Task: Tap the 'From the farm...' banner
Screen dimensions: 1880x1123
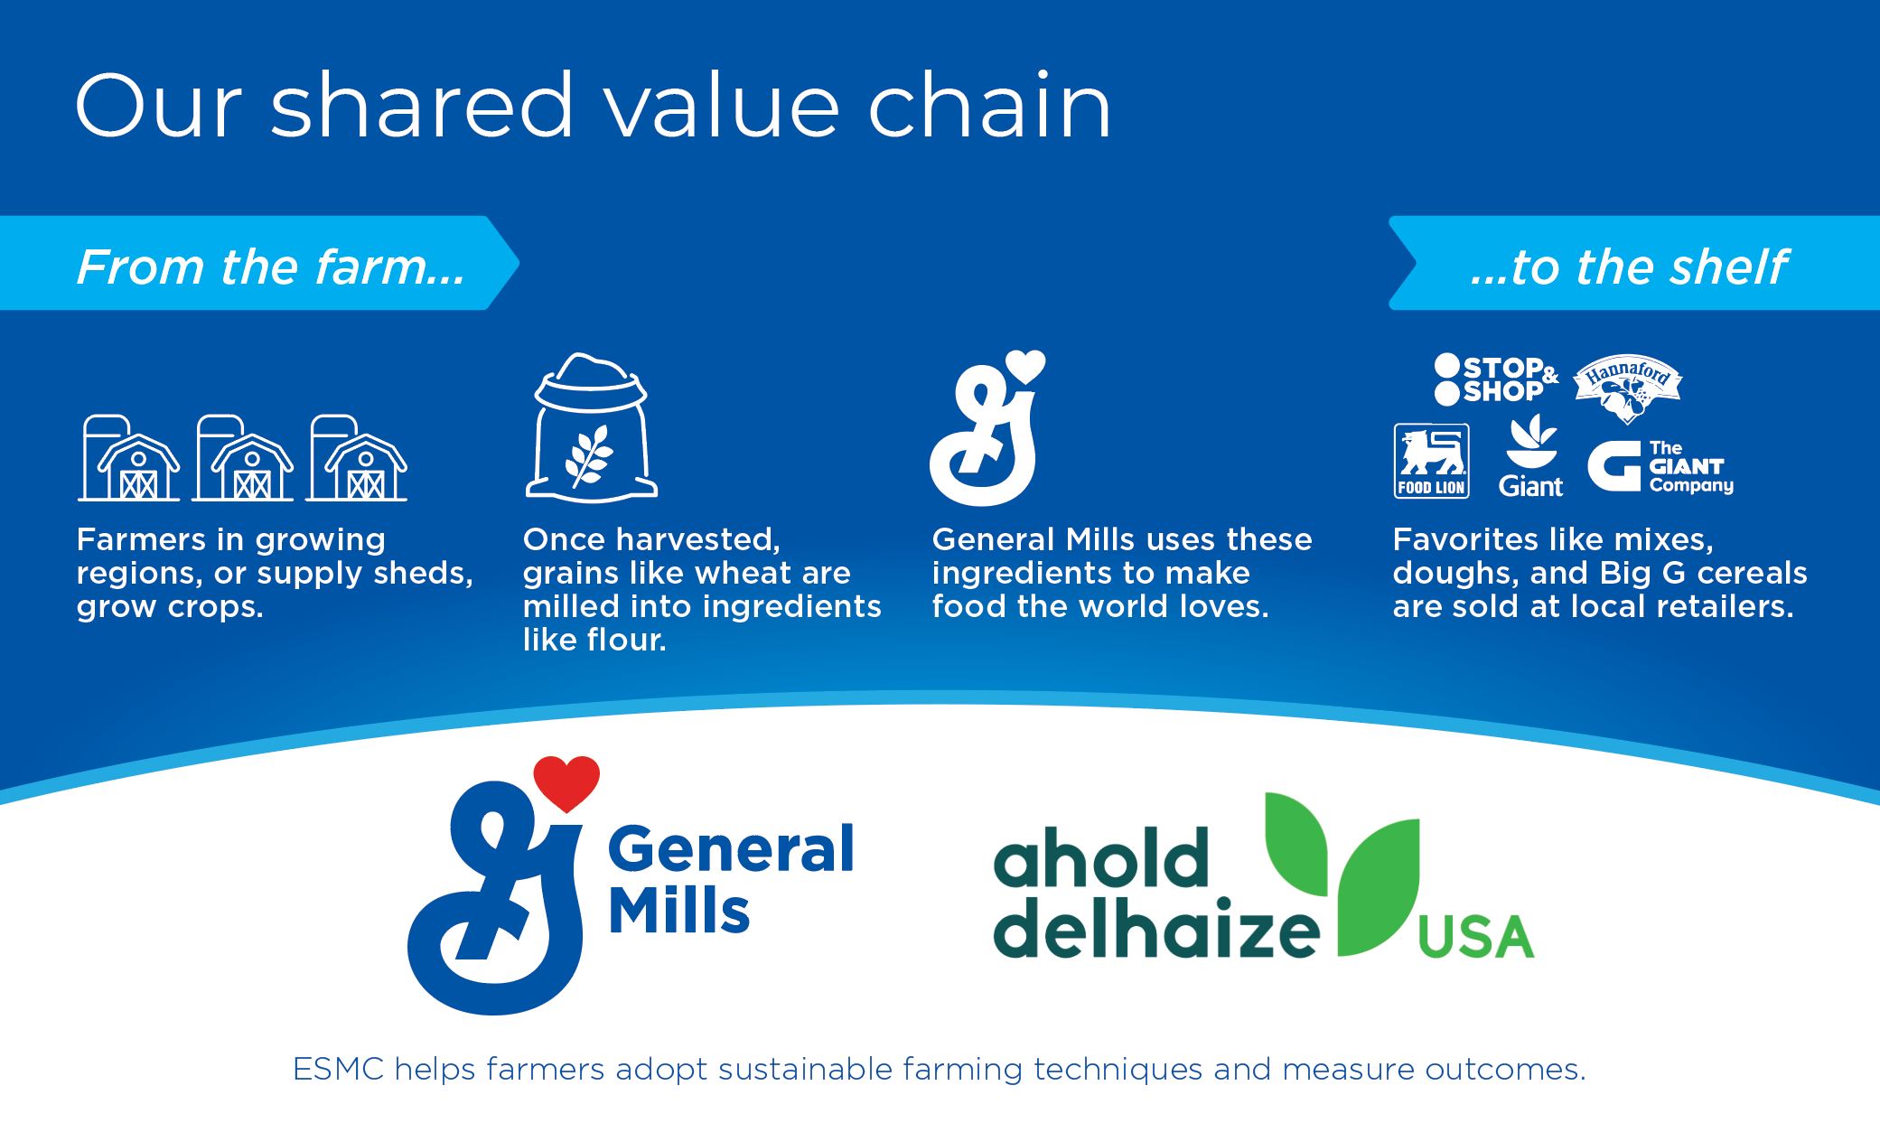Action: (x=259, y=263)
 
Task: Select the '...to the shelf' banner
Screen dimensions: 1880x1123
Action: (x=1634, y=263)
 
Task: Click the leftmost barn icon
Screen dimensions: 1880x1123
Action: (x=128, y=457)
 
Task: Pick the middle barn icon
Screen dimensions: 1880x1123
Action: (x=243, y=457)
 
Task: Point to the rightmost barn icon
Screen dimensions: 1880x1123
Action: (x=357, y=457)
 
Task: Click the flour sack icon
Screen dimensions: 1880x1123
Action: (x=592, y=427)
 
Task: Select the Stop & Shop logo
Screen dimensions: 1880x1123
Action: (x=1496, y=379)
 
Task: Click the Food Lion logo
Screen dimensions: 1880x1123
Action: (x=1432, y=461)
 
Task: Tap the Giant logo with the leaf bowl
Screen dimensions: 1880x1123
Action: (x=1531, y=456)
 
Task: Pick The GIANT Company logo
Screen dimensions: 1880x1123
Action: (x=1660, y=466)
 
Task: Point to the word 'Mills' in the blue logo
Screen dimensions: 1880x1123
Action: (x=679, y=910)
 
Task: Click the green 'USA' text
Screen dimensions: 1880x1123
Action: (x=1476, y=937)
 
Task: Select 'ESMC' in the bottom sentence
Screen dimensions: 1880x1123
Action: (x=339, y=1069)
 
